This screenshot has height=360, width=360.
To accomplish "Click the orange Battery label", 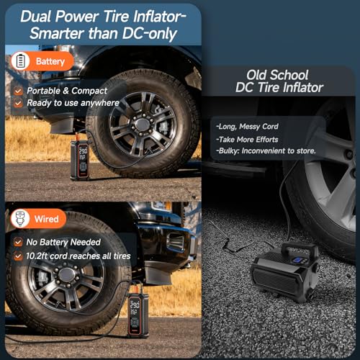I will [50, 62].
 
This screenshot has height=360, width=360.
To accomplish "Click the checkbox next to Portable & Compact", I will [18, 91].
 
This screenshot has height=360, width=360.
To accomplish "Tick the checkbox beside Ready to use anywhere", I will [18, 103].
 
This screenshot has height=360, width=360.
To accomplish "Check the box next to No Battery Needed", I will [18, 242].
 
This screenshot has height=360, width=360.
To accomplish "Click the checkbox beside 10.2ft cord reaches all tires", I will [18, 254].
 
